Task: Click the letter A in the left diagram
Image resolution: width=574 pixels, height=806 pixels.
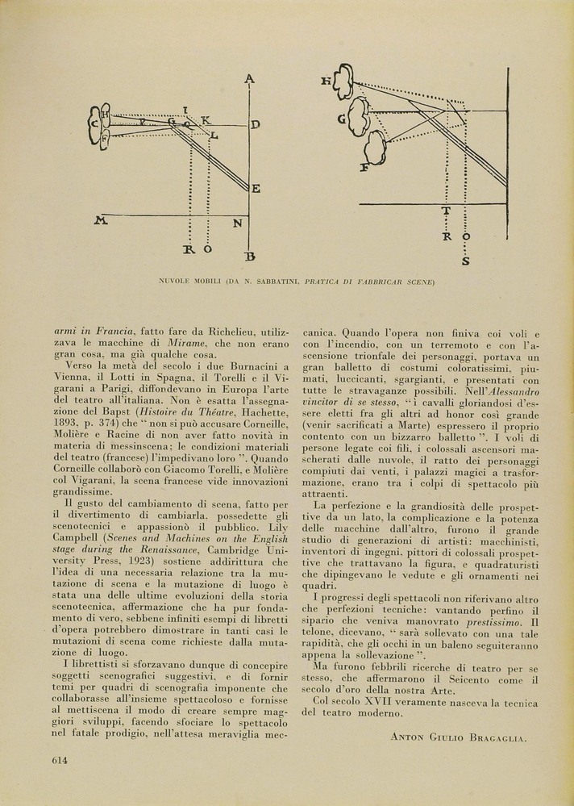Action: [x=249, y=78]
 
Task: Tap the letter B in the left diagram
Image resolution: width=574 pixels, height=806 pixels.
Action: [x=250, y=257]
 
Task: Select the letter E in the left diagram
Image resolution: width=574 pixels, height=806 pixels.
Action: [x=256, y=189]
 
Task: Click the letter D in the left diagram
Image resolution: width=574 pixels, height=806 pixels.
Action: [x=255, y=125]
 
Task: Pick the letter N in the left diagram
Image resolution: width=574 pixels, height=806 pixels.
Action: [x=238, y=223]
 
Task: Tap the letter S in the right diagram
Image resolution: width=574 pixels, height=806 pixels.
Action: [x=465, y=261]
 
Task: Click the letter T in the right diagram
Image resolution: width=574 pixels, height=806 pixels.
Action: [x=446, y=211]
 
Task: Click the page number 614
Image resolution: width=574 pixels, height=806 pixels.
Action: [x=59, y=760]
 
